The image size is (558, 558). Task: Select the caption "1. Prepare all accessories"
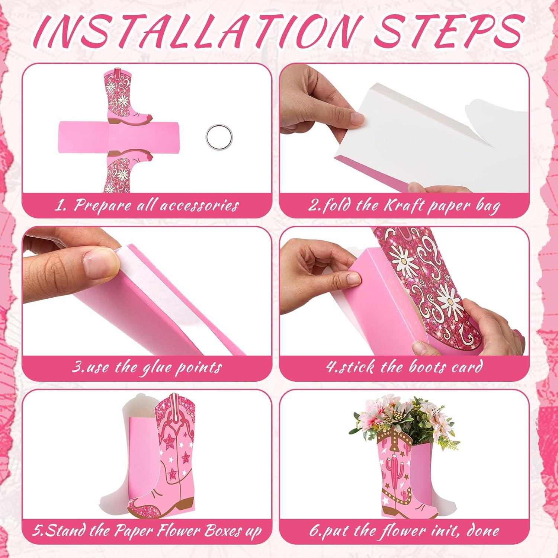pyautogui.click(x=147, y=205)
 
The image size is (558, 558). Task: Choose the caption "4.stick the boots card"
pyautogui.click(x=404, y=368)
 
